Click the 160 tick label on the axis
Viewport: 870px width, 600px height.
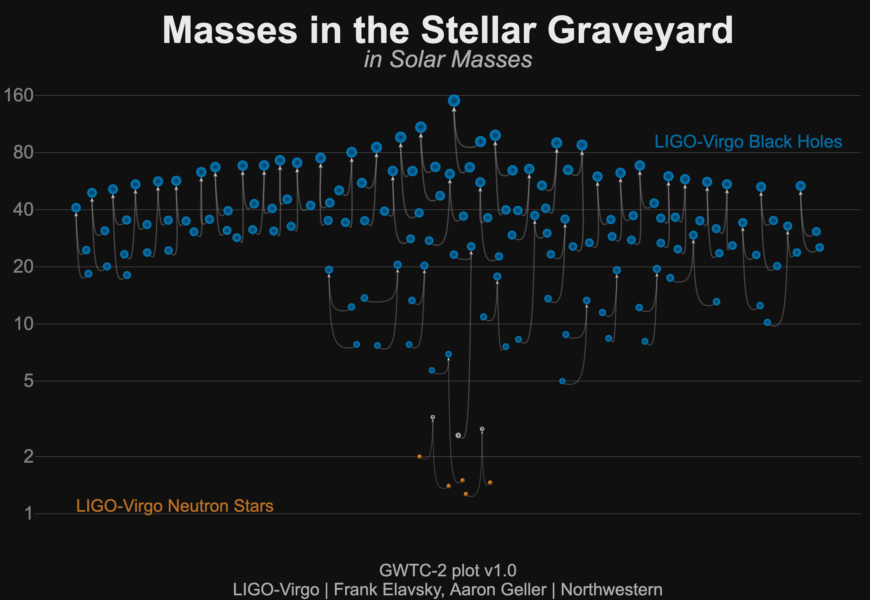tap(18, 96)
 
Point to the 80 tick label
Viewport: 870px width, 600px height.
tap(23, 153)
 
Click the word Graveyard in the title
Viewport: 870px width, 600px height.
tap(640, 31)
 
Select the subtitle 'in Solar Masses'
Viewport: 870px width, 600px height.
tap(448, 59)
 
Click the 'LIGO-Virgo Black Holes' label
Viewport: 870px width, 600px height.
tap(748, 142)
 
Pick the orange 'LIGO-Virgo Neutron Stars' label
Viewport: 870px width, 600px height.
tap(175, 506)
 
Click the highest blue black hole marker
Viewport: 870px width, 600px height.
tap(454, 101)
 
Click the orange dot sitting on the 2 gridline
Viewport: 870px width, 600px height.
tap(419, 457)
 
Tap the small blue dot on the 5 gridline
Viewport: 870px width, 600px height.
tap(562, 381)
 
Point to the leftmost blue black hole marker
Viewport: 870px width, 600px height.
tap(76, 208)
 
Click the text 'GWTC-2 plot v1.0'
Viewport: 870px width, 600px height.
tap(448, 570)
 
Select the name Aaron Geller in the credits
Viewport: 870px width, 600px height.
tap(498, 589)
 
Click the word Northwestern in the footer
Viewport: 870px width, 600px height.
tap(611, 589)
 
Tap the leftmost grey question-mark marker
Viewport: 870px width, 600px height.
tap(433, 417)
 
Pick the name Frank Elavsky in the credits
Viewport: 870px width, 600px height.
tap(388, 589)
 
